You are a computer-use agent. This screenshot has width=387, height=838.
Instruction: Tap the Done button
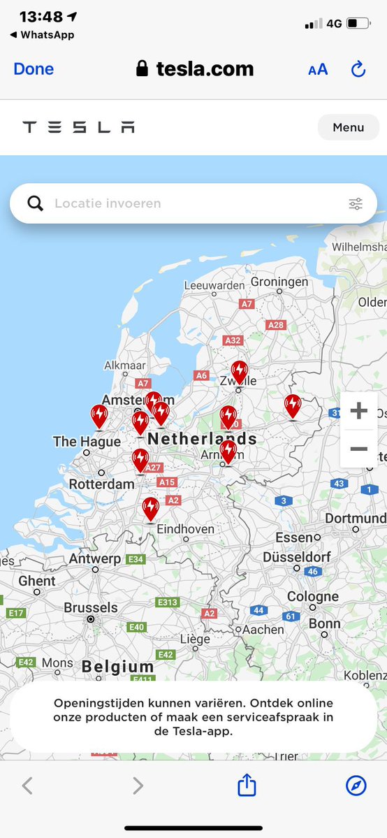[34, 68]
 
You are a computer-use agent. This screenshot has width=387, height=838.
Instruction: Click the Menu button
[348, 127]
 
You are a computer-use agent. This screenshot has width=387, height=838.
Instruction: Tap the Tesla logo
[78, 127]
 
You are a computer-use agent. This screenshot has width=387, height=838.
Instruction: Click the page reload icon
[358, 69]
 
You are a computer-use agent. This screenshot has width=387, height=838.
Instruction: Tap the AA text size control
[318, 69]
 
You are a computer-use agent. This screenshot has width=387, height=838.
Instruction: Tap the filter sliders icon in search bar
[356, 203]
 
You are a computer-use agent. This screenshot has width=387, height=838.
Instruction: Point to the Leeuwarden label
[214, 285]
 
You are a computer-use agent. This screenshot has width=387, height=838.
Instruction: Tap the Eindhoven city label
[187, 529]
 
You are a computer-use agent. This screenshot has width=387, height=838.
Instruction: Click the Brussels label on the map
[91, 607]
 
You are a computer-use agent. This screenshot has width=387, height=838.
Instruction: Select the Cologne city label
[313, 597]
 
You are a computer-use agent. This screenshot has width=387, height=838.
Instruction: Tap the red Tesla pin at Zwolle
[239, 371]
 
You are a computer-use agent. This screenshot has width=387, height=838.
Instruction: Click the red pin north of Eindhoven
[150, 508]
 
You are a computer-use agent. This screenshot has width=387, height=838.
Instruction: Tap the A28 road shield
[276, 325]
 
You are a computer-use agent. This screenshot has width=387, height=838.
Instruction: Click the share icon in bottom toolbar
[247, 786]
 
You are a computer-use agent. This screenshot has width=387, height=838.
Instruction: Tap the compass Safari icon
[356, 786]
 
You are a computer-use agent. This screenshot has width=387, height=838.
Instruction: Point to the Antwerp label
[95, 558]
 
